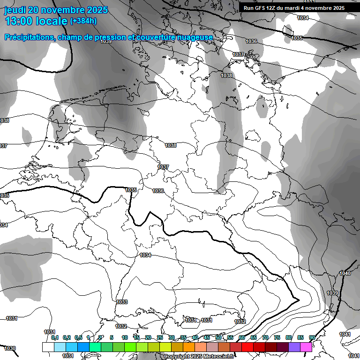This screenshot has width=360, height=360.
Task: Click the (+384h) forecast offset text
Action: coord(83,21)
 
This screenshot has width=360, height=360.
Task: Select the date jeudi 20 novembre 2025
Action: coord(56,10)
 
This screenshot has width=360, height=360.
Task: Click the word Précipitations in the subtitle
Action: coord(28,37)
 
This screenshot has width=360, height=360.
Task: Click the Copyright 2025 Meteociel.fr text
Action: coord(199,356)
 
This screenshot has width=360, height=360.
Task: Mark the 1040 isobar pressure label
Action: coord(345,273)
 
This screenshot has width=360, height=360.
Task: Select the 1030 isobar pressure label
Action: coord(10,348)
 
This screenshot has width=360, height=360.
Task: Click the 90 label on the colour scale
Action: coord(312,337)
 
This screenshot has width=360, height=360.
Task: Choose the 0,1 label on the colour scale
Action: coord(55,337)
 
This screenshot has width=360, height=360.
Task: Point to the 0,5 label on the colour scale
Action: coord(78,337)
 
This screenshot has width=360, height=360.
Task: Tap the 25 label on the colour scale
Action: coord(160,337)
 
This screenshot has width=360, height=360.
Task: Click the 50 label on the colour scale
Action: coord(218,337)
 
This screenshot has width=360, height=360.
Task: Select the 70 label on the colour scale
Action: coord(265,337)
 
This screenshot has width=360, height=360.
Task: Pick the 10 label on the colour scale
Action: coord(125,337)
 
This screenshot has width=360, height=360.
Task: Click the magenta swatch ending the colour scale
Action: coord(306,347)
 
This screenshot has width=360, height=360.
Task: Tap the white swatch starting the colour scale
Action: coord(48,347)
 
